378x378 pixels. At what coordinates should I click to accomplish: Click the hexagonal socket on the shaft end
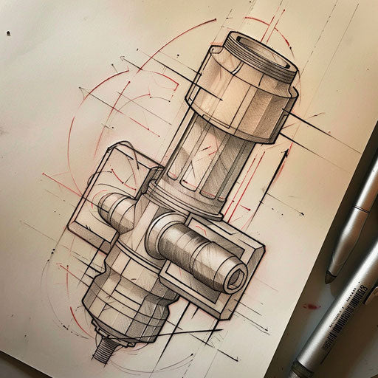(235, 279)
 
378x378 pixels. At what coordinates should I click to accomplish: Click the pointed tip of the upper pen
(329, 278)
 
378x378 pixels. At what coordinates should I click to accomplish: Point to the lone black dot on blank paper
(10, 33)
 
